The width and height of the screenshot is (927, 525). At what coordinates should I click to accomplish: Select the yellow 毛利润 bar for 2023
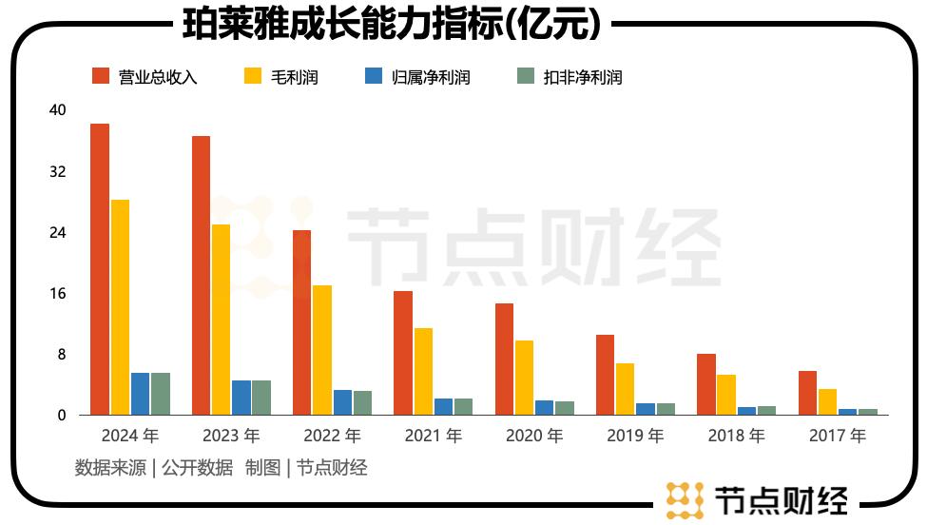(221, 320)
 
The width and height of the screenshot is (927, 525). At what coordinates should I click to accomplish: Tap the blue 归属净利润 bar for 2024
(140, 394)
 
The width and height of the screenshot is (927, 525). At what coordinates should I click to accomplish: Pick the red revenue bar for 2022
(301, 322)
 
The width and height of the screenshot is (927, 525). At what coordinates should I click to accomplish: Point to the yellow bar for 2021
(423, 371)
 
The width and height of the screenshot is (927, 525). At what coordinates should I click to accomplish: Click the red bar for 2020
(504, 359)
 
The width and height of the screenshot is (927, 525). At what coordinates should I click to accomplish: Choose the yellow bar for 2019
(625, 389)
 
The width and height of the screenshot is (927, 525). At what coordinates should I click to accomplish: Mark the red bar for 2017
(807, 393)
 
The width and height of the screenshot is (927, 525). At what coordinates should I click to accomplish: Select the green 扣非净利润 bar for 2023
(261, 398)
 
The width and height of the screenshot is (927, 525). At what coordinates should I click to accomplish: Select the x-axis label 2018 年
(736, 437)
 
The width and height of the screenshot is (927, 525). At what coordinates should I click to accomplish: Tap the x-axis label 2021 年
(434, 437)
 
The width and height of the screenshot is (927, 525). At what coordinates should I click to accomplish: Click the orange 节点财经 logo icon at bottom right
(685, 500)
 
